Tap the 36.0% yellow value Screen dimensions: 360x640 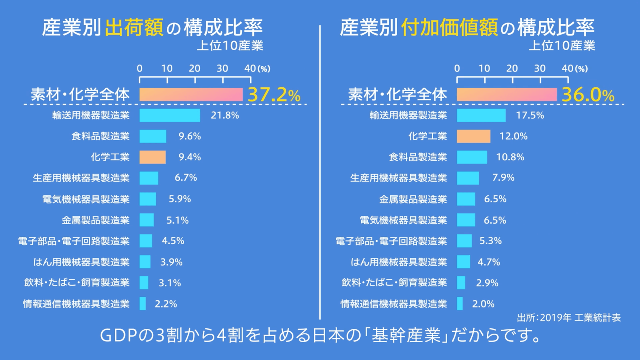point(588,95)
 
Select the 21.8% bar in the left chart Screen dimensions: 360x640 point(170,115)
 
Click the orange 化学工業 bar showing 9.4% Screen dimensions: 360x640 point(152,157)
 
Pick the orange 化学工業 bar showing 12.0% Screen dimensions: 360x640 point(474,136)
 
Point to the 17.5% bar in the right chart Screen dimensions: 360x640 point(481,115)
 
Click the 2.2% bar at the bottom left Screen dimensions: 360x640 point(143,304)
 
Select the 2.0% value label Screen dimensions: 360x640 point(483,304)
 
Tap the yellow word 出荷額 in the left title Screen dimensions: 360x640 point(134,28)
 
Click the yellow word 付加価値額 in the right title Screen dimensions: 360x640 point(450,28)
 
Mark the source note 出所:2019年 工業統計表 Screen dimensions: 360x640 point(568,318)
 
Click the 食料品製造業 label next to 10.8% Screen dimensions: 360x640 point(418,157)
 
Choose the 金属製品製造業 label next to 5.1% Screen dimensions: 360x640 point(96,220)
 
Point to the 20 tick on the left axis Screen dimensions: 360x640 point(195,69)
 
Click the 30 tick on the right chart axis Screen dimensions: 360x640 point(540,69)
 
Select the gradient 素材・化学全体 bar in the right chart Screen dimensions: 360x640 point(507,95)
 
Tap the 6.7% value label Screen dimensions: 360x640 point(186,178)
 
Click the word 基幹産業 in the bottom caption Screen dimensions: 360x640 point(406,335)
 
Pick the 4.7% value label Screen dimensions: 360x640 point(489,262)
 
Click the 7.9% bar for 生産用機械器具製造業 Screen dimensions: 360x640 point(468,178)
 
